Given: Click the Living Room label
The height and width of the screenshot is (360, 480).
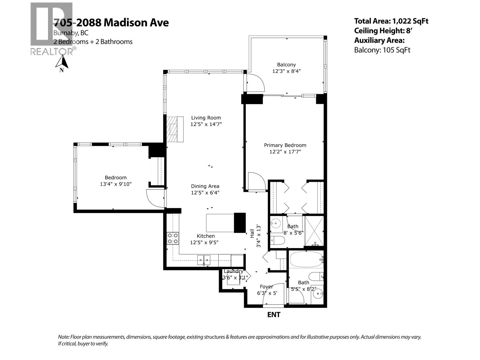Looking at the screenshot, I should [x=206, y=118].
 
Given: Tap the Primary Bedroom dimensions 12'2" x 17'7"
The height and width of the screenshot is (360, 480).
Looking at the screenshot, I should [x=285, y=152].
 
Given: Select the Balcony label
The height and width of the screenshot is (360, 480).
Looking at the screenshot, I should [x=286, y=64].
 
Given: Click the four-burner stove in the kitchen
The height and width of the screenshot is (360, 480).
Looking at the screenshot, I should [x=173, y=238].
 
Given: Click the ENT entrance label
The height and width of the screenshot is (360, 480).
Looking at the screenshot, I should [x=274, y=315].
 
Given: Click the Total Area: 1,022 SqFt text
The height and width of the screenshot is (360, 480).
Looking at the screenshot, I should [x=391, y=21].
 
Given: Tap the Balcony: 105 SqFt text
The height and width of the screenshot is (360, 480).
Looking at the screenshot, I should [x=382, y=50].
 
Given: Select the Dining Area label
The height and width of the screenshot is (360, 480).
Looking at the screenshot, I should [x=205, y=186].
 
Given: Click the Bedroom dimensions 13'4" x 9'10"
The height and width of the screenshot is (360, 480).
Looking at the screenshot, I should [x=115, y=184].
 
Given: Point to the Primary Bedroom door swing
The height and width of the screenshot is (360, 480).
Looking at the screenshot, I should [x=256, y=182].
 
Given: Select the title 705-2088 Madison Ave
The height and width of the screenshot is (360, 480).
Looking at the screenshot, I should [x=111, y=22].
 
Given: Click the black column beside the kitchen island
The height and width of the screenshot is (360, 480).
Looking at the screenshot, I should [x=239, y=223].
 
